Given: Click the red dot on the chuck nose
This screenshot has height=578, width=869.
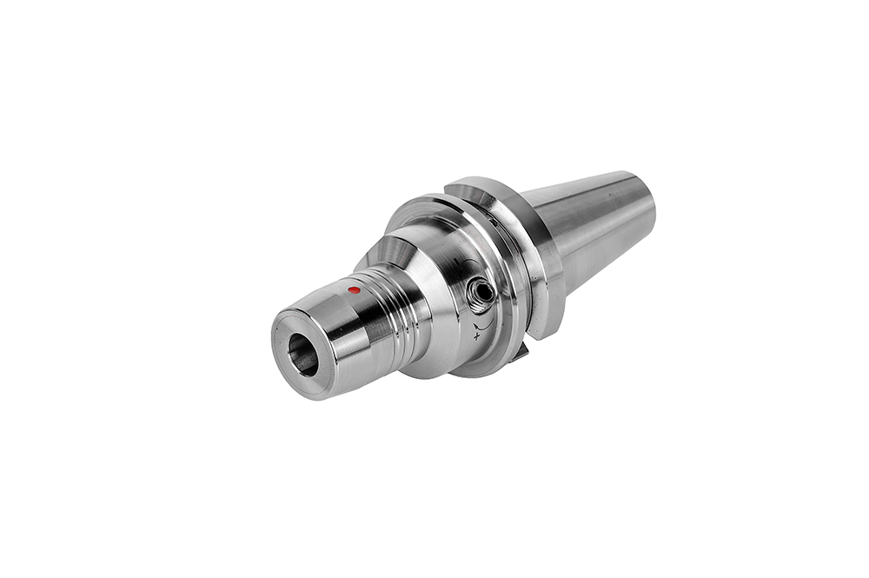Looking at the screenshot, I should pos(353,290).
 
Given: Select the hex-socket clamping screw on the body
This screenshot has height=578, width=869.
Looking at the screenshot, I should pos(480,294).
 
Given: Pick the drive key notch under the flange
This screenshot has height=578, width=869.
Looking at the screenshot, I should pos(521,351).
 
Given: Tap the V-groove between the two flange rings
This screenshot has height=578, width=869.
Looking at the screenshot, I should pos(513,261).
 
